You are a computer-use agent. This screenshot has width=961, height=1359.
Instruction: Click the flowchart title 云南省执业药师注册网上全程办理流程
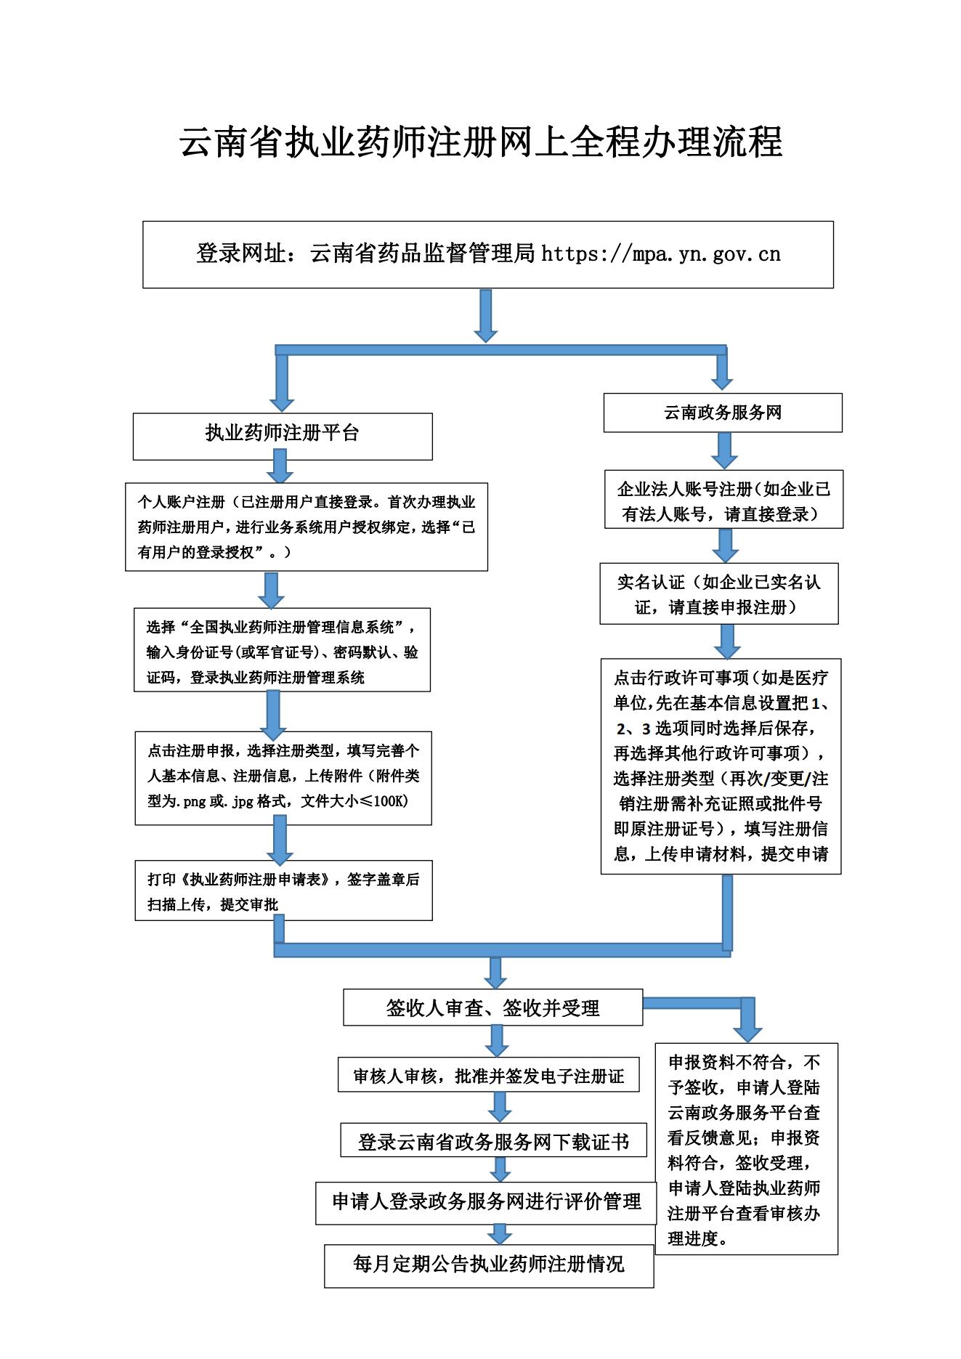[x=480, y=142]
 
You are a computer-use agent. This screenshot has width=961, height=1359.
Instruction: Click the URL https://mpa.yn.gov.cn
[x=660, y=254]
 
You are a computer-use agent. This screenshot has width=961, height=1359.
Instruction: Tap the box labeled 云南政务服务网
[x=722, y=413]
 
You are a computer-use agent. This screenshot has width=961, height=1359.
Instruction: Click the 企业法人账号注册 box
[x=723, y=501]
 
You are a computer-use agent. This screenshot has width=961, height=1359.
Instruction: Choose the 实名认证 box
[x=718, y=593]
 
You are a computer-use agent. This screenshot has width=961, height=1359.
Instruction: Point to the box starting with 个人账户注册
[x=306, y=527]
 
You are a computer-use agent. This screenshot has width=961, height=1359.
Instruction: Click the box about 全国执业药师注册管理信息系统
[x=282, y=651]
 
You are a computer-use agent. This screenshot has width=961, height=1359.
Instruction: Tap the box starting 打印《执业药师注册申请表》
[x=283, y=891]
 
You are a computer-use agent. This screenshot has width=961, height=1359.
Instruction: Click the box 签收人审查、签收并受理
[x=492, y=1007]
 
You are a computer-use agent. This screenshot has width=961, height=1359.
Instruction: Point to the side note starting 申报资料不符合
[x=746, y=1150]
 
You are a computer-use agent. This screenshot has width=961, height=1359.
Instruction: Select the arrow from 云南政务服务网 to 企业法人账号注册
[x=724, y=450]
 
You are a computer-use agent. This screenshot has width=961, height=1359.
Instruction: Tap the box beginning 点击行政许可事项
[x=721, y=766]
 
